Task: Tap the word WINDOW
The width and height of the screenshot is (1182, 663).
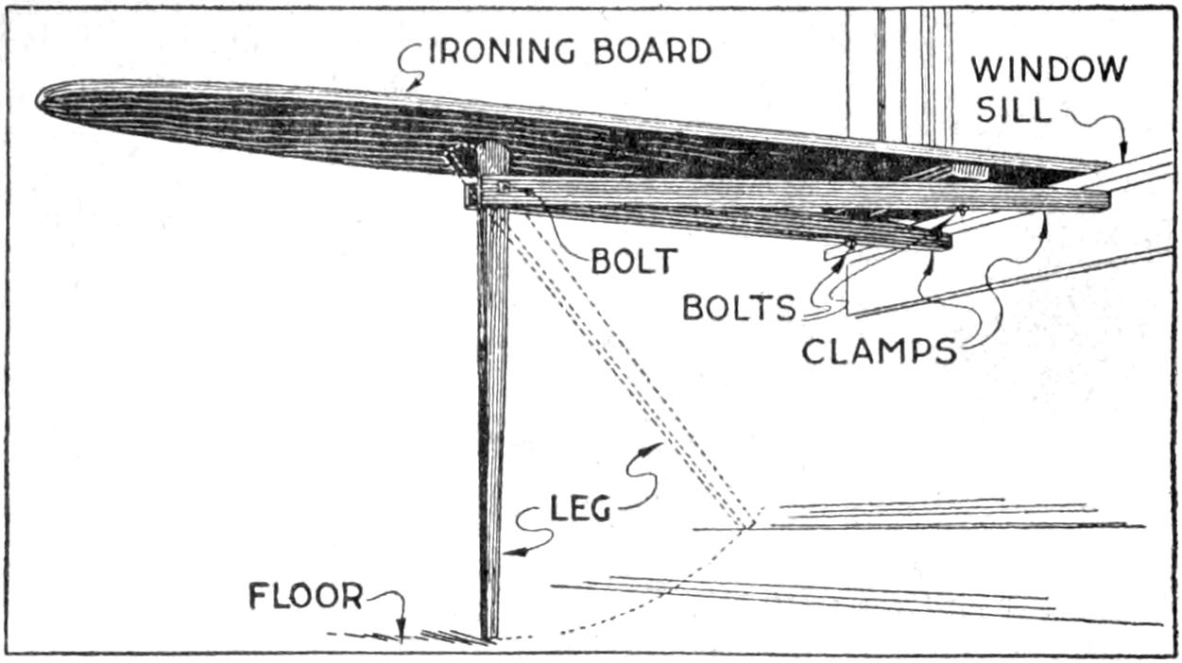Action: (x=1049, y=69)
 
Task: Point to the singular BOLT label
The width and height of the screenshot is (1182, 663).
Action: (x=635, y=260)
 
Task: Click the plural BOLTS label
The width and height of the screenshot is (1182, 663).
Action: (x=740, y=309)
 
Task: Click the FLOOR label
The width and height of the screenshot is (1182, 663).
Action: (x=306, y=597)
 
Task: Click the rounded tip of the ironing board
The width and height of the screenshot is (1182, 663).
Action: (x=42, y=97)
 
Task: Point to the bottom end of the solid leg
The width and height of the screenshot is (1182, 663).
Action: (x=489, y=637)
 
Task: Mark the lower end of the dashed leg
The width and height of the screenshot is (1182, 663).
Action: (x=748, y=525)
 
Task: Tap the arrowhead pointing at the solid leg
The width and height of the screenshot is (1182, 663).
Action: (x=511, y=552)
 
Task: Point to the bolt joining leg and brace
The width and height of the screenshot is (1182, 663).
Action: (x=505, y=190)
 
